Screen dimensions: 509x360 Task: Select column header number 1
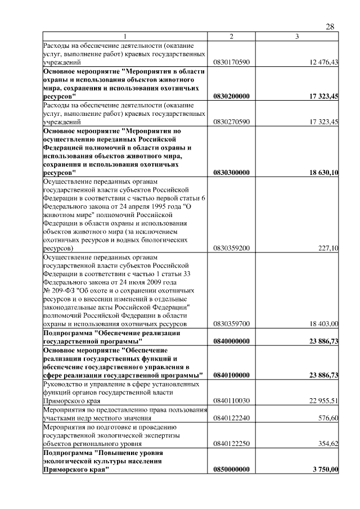coord(125,37)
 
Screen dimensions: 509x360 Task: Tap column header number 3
coord(296,37)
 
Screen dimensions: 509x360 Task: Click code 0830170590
coord(231,62)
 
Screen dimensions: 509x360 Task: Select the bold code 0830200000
coord(232,97)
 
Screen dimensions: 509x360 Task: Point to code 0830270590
coord(231,122)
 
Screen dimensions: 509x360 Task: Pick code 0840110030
coord(231,402)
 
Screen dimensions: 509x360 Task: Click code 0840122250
coord(231,444)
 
